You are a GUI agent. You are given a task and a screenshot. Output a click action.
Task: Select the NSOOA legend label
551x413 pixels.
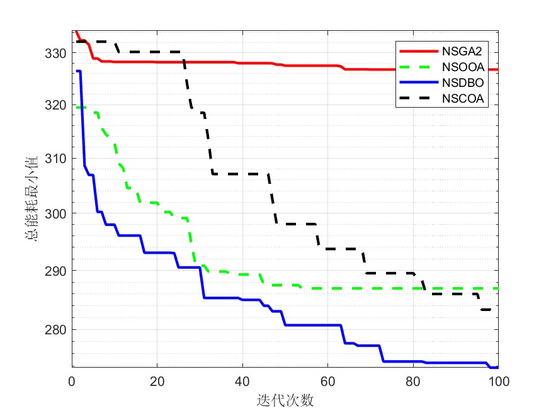point(463,67)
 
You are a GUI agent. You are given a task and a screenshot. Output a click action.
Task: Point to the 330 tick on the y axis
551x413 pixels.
point(57,53)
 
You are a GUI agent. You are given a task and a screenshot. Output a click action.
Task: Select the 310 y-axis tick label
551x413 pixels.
point(57,159)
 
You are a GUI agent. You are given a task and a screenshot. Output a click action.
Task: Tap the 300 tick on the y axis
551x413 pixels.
point(57,214)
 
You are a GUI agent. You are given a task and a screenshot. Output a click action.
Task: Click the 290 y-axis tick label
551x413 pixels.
point(57,271)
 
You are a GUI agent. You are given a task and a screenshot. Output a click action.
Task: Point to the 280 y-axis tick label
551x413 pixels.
point(57,329)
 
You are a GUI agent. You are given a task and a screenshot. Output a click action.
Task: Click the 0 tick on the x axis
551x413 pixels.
point(72,381)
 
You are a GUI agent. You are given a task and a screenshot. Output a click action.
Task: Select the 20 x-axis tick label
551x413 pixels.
point(157,381)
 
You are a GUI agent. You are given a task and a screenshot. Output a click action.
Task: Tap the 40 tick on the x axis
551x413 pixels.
point(242,381)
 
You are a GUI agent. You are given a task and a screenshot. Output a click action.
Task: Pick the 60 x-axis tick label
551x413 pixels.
point(327,381)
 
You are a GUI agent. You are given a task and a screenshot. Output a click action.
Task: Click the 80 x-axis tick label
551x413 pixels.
point(413,381)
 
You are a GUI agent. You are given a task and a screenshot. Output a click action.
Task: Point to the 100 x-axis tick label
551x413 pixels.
point(498,381)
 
